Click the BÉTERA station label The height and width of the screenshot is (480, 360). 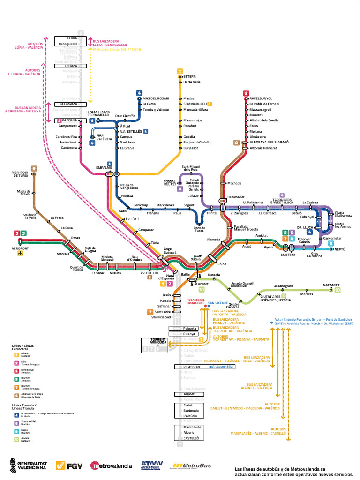point(189,76)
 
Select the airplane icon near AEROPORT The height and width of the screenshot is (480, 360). point(20,254)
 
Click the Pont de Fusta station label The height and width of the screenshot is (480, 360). point(199,228)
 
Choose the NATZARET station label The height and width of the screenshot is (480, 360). point(331,285)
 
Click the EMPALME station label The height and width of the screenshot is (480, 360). point(104,167)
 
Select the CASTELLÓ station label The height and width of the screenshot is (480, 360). point(191,438)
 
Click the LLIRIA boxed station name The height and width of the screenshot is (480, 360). point(72,38)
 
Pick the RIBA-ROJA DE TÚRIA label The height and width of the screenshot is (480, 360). point(21,174)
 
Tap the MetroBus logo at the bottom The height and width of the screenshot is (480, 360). point(192,465)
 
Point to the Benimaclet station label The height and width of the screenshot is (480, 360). point(236,198)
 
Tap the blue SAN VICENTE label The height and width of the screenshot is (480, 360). point(218,302)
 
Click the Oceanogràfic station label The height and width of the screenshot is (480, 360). point(284,286)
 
